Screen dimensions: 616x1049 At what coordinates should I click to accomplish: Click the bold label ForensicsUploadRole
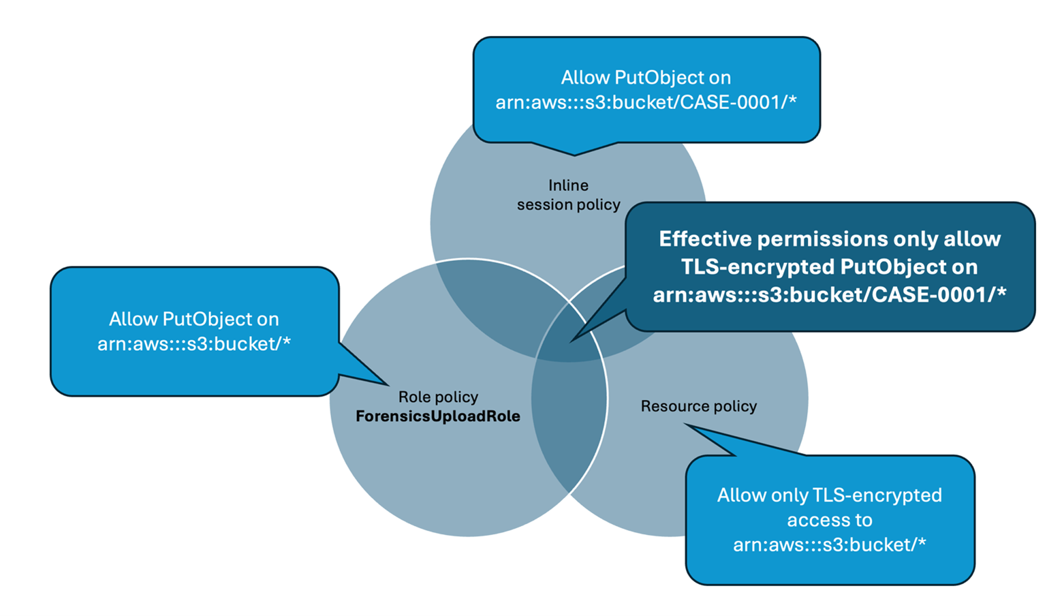(437, 416)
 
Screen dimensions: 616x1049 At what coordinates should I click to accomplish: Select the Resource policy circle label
(698, 406)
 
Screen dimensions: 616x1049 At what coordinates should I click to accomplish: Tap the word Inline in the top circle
(568, 185)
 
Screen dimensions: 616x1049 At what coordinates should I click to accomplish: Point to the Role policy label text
(438, 397)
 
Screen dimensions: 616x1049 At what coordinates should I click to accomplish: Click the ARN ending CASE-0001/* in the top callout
(646, 102)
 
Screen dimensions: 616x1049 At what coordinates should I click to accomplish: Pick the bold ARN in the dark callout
(829, 294)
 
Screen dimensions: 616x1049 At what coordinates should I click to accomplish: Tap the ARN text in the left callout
(194, 343)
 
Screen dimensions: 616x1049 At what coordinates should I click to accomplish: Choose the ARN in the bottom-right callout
(829, 544)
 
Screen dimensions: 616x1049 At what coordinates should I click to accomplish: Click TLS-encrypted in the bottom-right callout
(877, 495)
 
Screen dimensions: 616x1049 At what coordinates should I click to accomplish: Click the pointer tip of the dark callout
(572, 340)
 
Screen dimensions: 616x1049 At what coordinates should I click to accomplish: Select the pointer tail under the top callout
(574, 154)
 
